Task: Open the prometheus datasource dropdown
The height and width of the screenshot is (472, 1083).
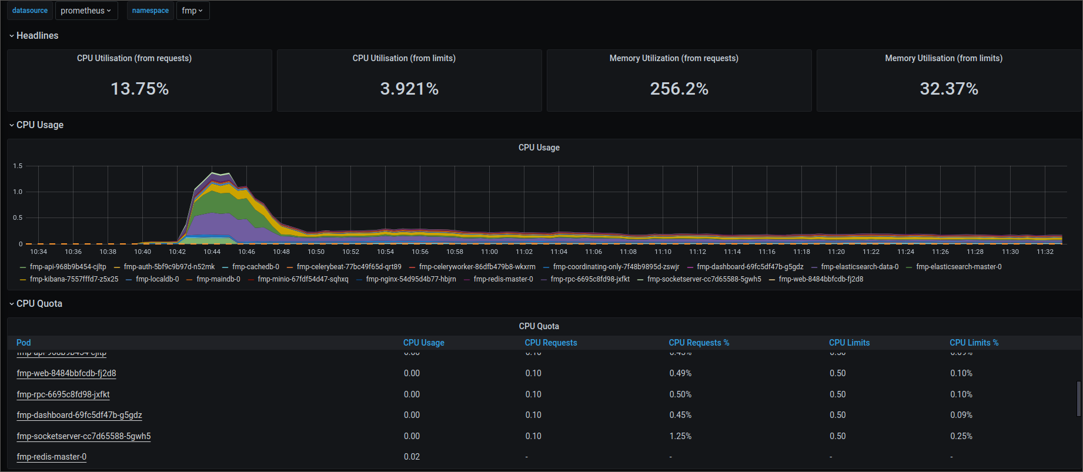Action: pyautogui.click(x=86, y=11)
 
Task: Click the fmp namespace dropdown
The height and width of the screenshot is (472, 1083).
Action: pyautogui.click(x=192, y=11)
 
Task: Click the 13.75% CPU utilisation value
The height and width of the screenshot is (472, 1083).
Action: pyautogui.click(x=140, y=89)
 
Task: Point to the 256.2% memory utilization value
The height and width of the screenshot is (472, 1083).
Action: pyautogui.click(x=679, y=89)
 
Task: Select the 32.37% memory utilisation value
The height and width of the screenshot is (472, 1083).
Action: pyautogui.click(x=949, y=89)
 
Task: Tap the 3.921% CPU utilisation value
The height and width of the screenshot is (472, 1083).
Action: pyautogui.click(x=409, y=89)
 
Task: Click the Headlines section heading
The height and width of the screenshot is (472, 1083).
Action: pyautogui.click(x=37, y=36)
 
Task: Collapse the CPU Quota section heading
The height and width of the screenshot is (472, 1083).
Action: pyautogui.click(x=39, y=304)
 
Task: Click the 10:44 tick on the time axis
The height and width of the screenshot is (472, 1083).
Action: pyautogui.click(x=212, y=252)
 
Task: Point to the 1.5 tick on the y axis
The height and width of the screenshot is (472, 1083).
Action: pyautogui.click(x=18, y=166)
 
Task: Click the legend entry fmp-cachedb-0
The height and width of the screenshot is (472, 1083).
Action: pyautogui.click(x=255, y=267)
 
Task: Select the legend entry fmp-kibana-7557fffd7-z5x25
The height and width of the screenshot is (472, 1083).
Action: pyautogui.click(x=73, y=279)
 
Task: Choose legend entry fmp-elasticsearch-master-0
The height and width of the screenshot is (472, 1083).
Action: pyautogui.click(x=958, y=267)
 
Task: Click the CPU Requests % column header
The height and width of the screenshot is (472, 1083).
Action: pyautogui.click(x=698, y=343)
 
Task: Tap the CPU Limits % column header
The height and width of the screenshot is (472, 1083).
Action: pyautogui.click(x=974, y=343)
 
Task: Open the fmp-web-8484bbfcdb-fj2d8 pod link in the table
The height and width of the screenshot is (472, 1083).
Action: pyautogui.click(x=66, y=373)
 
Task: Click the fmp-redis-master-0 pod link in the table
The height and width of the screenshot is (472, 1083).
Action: pyautogui.click(x=52, y=457)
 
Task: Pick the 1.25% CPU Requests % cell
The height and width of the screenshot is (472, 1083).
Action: pyautogui.click(x=680, y=436)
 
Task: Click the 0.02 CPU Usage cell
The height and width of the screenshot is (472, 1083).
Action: pyautogui.click(x=412, y=457)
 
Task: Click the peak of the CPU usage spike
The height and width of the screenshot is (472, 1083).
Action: pyautogui.click(x=213, y=173)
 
